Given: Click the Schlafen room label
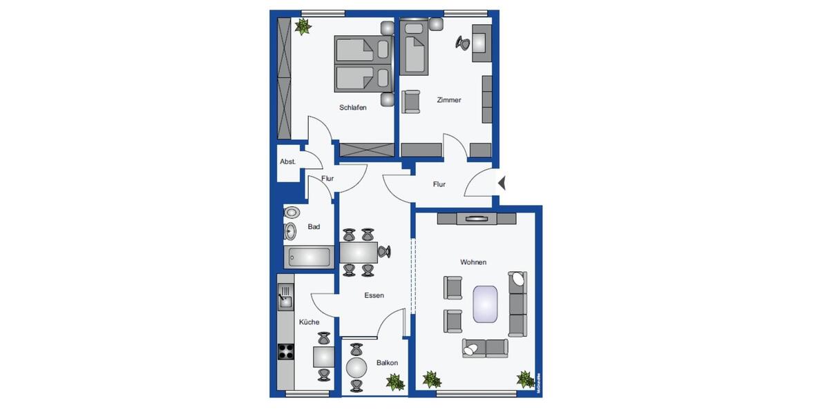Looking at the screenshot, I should coord(352,108).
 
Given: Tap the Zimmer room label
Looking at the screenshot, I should coord(448,100).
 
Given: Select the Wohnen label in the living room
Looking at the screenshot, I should coord(473,262).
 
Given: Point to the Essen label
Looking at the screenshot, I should coord(374,295).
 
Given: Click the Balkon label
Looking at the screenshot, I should coord(387,362).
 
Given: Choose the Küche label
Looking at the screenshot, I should coord(308,322).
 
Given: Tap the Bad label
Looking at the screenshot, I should coord(314,226).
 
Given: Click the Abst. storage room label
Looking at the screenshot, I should coord(287,161).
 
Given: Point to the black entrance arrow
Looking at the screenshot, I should coord(502,183).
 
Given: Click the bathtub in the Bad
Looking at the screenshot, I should coord(309,257).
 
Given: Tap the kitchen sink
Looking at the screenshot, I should coord(285,299).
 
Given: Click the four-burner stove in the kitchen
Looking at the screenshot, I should coord(285,351).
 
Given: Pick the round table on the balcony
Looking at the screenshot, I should coord(356,366).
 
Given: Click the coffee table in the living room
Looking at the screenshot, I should coord(486,304).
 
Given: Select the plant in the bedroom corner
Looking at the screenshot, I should coord(302,26).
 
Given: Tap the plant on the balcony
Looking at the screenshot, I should coord(394,382).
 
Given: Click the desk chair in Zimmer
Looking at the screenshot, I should coord(462,43).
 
